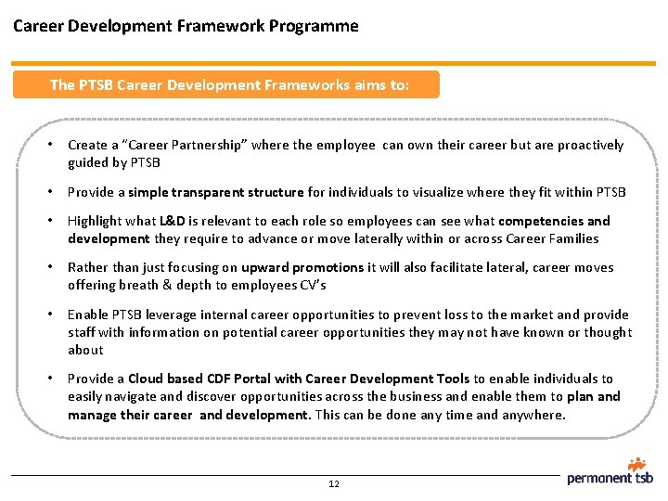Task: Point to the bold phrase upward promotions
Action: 302,267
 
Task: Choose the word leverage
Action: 170,315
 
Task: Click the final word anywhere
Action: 532,414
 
